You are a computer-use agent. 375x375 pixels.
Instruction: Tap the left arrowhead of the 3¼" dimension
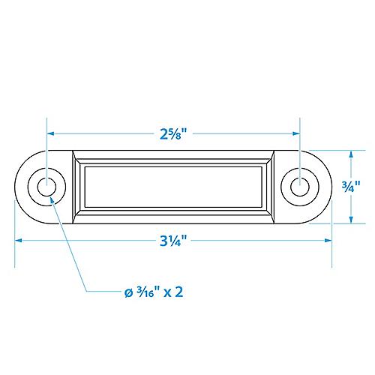(19, 241)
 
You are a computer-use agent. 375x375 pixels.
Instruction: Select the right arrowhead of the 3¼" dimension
(329, 241)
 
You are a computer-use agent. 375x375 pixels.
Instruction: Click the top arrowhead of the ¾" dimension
(349, 152)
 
